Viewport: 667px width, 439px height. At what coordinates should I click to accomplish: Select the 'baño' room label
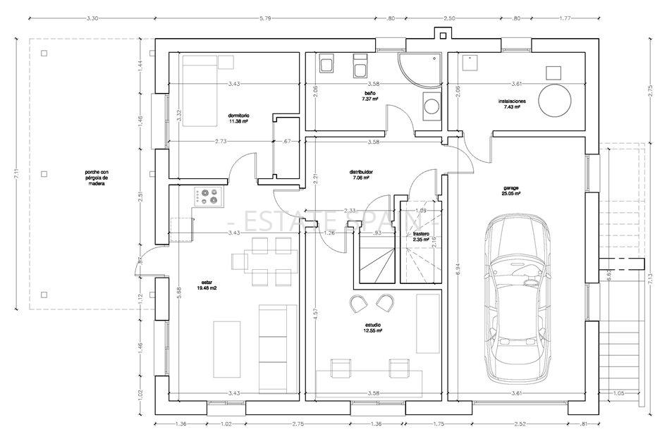pos(370,95)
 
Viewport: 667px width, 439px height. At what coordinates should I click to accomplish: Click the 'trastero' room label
pos(422,235)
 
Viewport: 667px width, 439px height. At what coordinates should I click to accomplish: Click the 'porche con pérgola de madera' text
pos(96,176)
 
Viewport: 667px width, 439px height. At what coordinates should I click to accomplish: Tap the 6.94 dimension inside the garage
pos(458,268)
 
